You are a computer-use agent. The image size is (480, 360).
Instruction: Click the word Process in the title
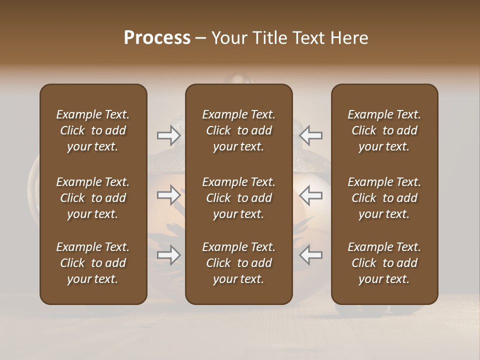tap(157, 38)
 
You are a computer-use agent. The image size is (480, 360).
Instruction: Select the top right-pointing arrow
tap(169, 135)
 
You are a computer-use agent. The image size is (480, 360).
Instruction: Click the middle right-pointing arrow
tap(169, 195)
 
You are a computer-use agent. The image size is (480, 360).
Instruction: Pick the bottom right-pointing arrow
tap(169, 255)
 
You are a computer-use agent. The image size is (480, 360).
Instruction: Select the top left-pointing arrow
tap(310, 135)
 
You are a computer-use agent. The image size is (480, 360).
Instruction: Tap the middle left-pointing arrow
tap(310, 195)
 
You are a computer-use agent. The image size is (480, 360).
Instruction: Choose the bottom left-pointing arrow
tap(310, 255)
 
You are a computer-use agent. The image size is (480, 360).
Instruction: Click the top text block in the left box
tap(93, 130)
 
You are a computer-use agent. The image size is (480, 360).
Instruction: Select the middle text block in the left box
tap(93, 198)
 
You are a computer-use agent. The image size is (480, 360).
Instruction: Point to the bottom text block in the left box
tap(93, 263)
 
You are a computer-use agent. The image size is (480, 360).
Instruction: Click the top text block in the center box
tap(238, 130)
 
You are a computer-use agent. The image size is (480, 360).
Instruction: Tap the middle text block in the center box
tap(238, 198)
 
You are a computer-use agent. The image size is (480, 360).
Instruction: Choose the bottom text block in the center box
tap(238, 263)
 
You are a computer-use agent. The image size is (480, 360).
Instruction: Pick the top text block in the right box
tap(384, 130)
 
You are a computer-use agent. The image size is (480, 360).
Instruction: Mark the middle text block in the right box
tap(384, 198)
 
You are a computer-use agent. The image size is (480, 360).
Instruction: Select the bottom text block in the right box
tap(384, 263)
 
